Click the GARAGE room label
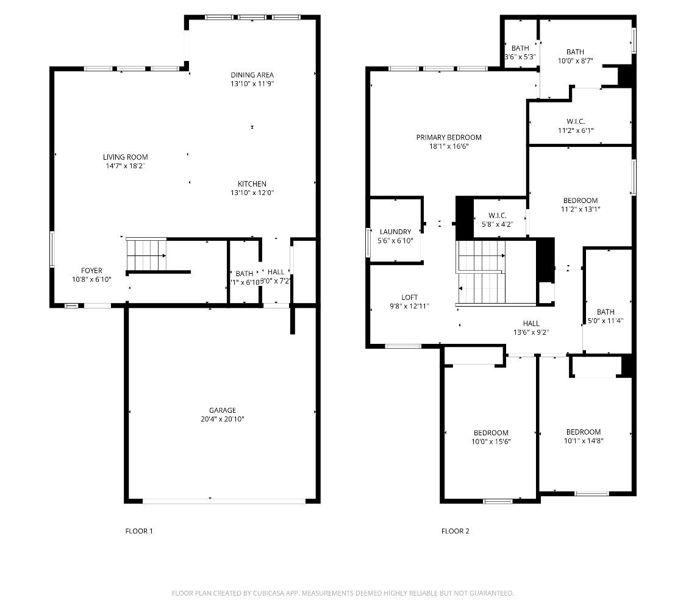[223, 410]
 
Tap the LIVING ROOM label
[125, 157]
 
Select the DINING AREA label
[252, 75]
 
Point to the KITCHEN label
[252, 184]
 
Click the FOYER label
[91, 271]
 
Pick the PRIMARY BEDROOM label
[449, 138]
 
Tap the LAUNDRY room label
[395, 232]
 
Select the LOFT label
[409, 298]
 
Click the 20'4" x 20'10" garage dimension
[223, 419]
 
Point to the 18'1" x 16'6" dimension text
[449, 146]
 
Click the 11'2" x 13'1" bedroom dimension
[580, 209]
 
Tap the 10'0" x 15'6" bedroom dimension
[490, 441]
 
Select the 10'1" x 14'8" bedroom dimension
[583, 440]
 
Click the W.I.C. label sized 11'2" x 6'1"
[575, 121]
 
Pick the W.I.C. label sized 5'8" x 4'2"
[497, 216]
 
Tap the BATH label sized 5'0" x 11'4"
[606, 312]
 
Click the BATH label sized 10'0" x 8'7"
[574, 52]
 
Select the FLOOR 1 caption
[139, 531]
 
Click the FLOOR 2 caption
[456, 531]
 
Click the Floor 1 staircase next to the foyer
[146, 255]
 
